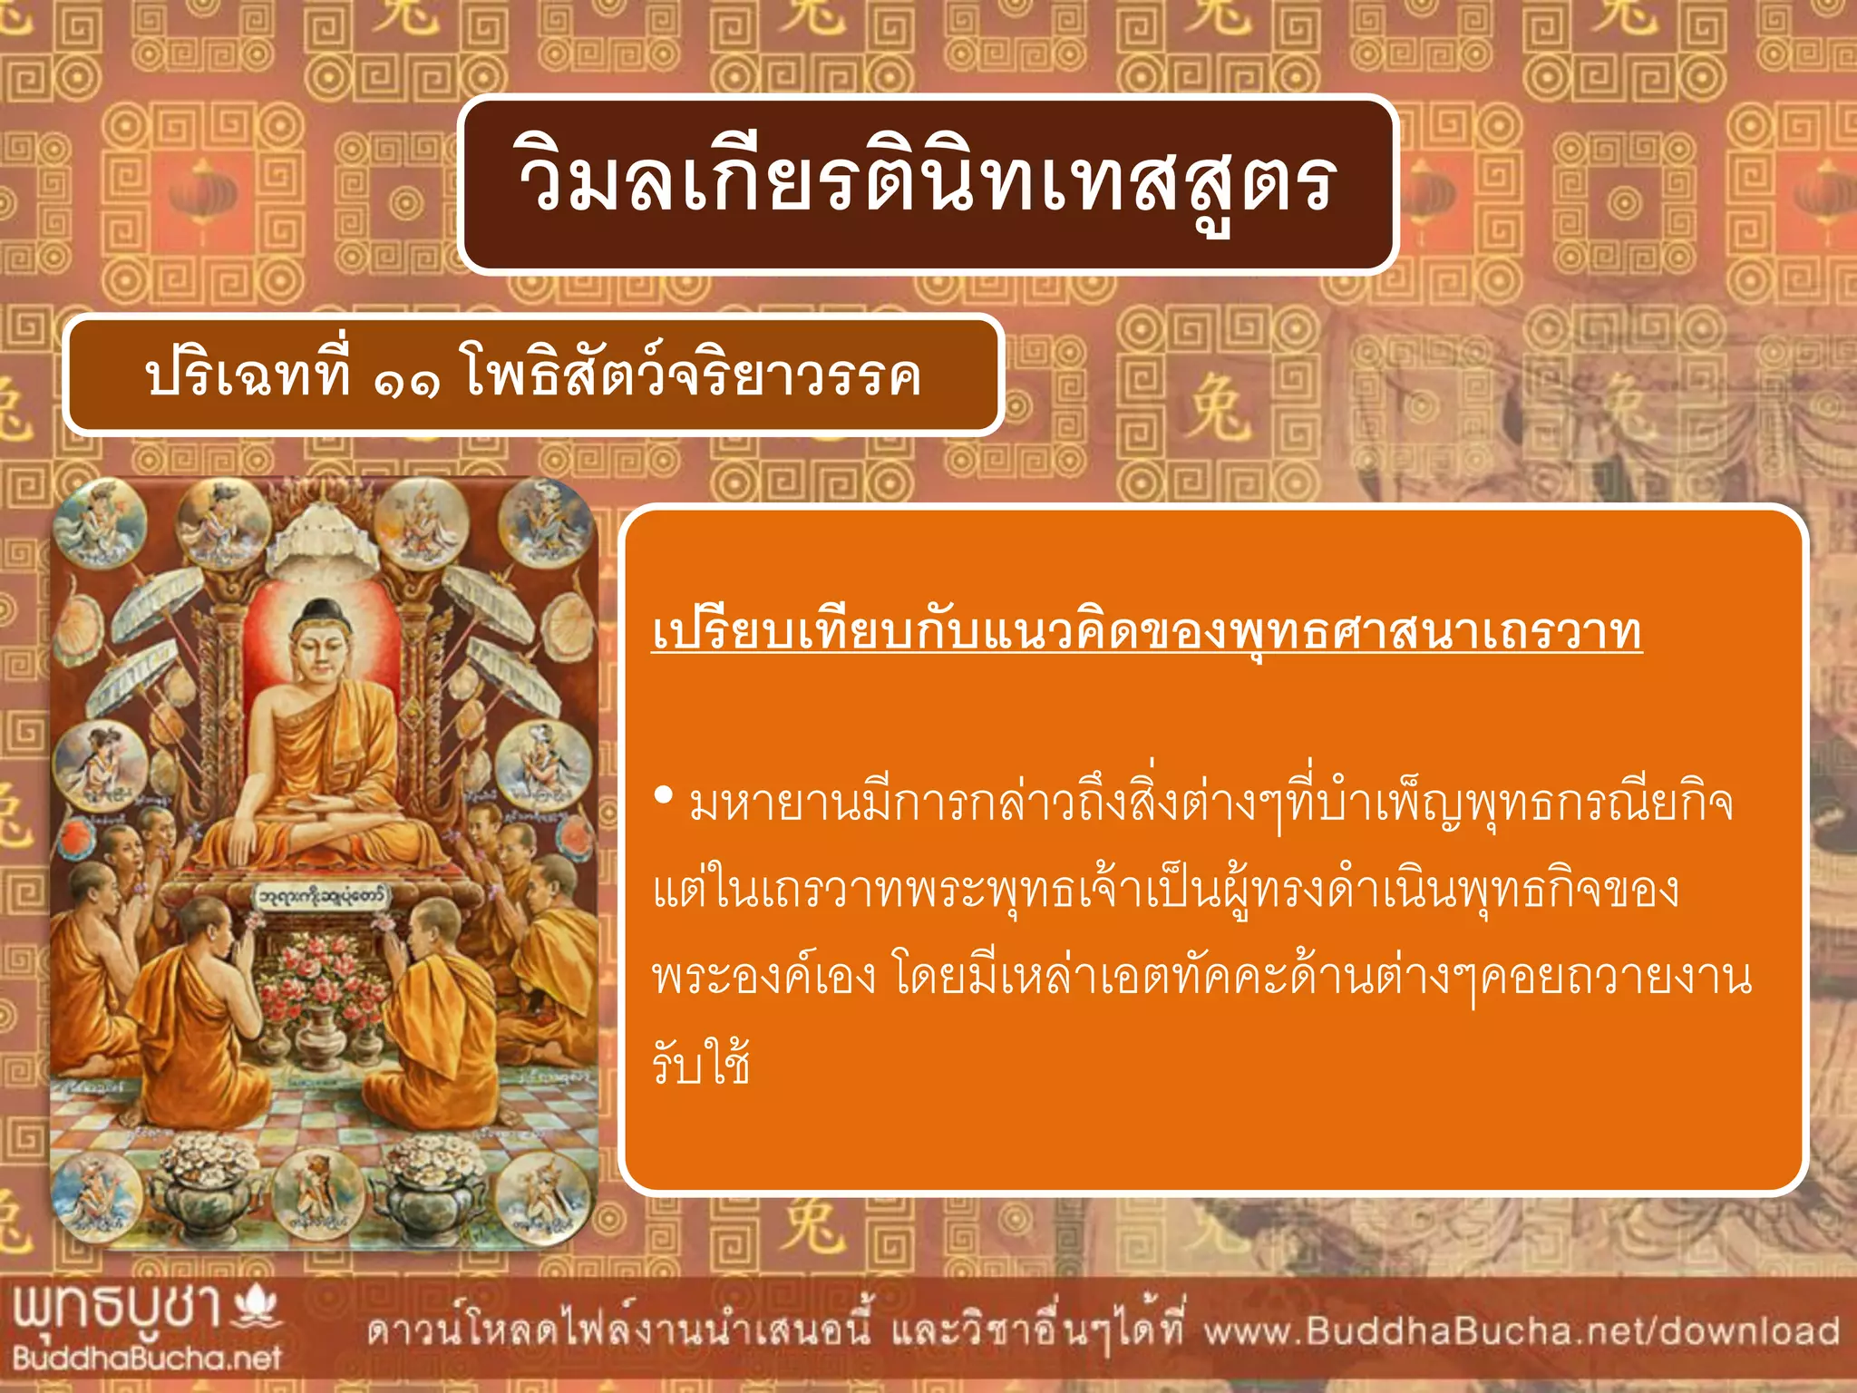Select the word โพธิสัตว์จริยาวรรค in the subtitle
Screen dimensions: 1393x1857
point(694,374)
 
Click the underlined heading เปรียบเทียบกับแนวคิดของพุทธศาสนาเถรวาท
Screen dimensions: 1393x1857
point(1146,633)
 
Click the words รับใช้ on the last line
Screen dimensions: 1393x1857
point(701,1063)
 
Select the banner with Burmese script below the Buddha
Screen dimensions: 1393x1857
point(322,896)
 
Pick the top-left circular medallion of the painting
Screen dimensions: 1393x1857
point(98,523)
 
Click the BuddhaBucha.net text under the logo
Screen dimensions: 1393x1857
point(147,1358)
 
